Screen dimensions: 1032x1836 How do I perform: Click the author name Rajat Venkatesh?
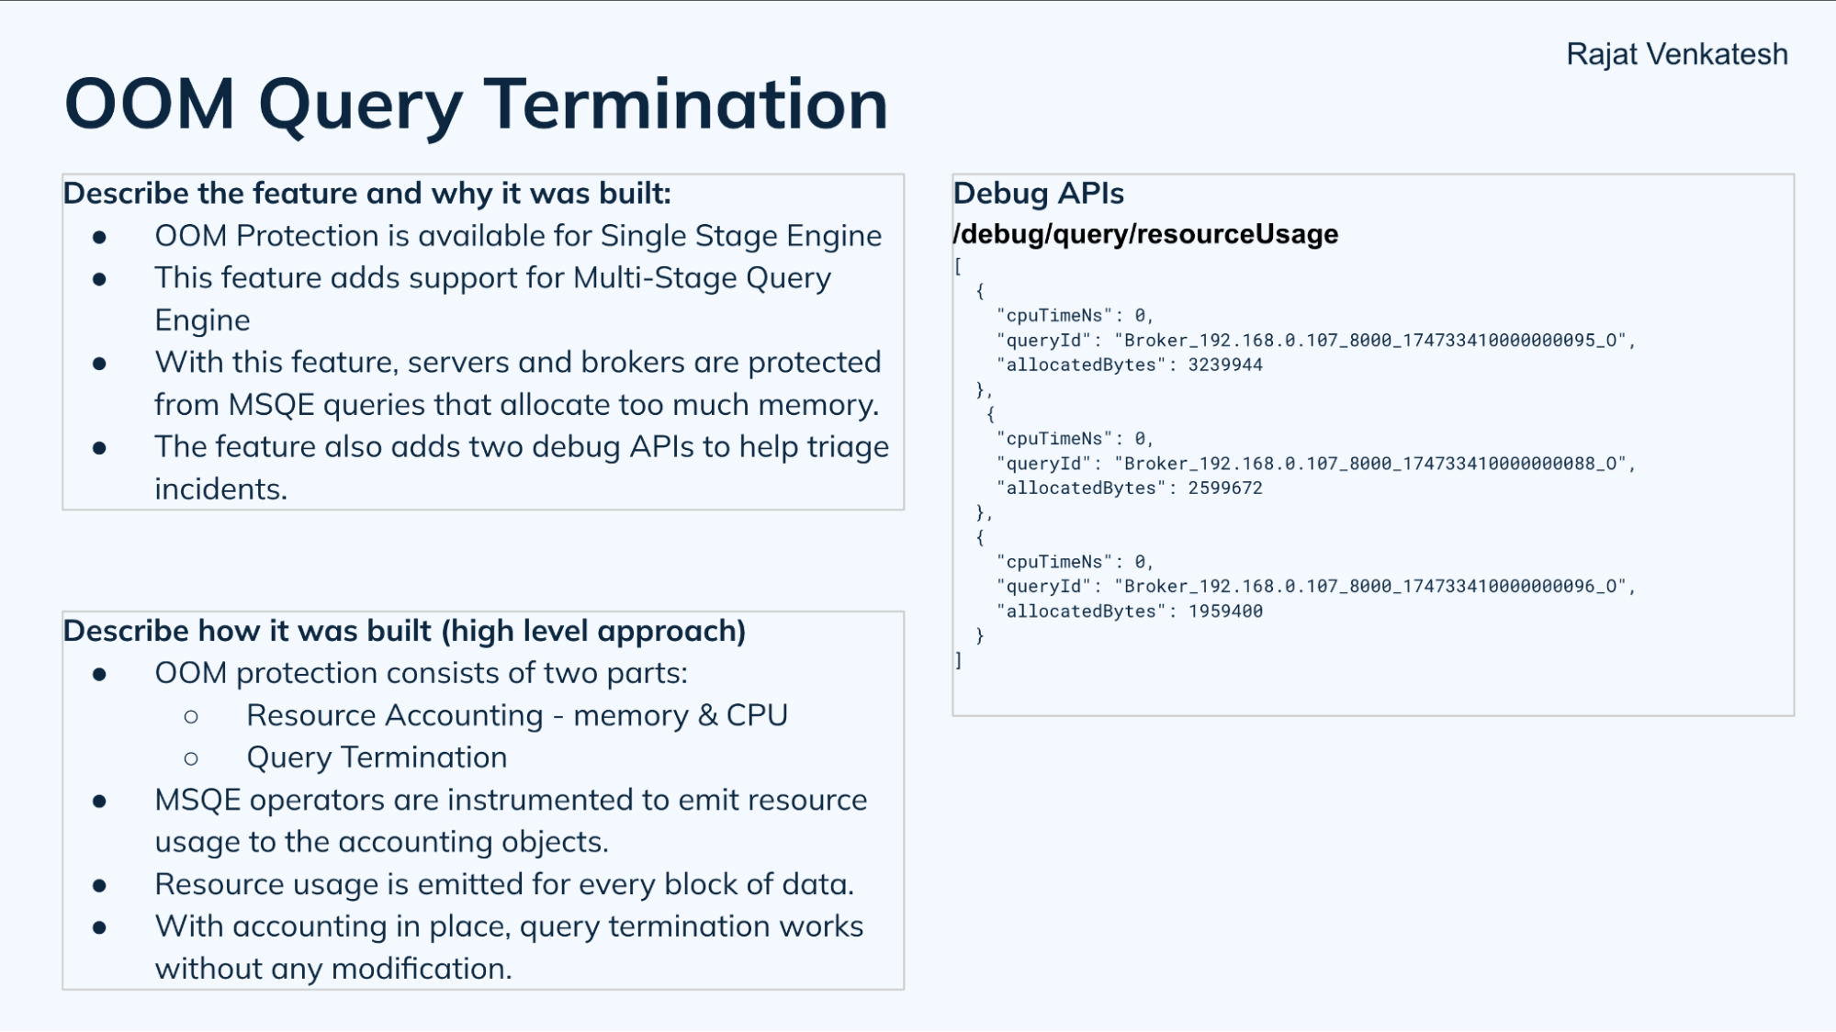pyautogui.click(x=1676, y=54)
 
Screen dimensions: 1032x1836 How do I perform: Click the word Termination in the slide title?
pyautogui.click(x=685, y=105)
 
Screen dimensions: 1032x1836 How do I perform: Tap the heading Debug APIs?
pyautogui.click(x=1038, y=194)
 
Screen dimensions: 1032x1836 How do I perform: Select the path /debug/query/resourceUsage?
pyautogui.click(x=1145, y=234)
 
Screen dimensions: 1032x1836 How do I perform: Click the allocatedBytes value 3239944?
pyautogui.click(x=1224, y=365)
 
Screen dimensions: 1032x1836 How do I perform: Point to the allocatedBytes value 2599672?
pyautogui.click(x=1224, y=488)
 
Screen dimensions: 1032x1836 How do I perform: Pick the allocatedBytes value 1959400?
pyautogui.click(x=1224, y=611)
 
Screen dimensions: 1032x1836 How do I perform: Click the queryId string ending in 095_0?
pyautogui.click(x=1373, y=341)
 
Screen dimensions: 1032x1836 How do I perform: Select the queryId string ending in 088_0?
pyautogui.click(x=1373, y=464)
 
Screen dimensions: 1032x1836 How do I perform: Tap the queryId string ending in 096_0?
pyautogui.click(x=1373, y=587)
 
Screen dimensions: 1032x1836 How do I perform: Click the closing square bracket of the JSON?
pyautogui.click(x=958, y=660)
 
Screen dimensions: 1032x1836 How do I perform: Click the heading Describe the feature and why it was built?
pyautogui.click(x=366, y=194)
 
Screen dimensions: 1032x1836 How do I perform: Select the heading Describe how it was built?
pyautogui.click(x=404, y=632)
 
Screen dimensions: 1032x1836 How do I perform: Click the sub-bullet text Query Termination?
pyautogui.click(x=377, y=757)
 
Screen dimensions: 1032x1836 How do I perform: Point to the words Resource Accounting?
pyautogui.click(x=395, y=715)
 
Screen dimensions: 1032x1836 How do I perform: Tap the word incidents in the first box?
pyautogui.click(x=220, y=489)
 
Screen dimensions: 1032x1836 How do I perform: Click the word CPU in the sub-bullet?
pyautogui.click(x=757, y=715)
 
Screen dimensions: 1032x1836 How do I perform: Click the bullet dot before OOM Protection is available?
pyautogui.click(x=99, y=238)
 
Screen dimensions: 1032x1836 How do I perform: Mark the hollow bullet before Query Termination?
pyautogui.click(x=191, y=758)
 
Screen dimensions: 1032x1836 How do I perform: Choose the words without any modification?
pyautogui.click(x=332, y=969)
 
